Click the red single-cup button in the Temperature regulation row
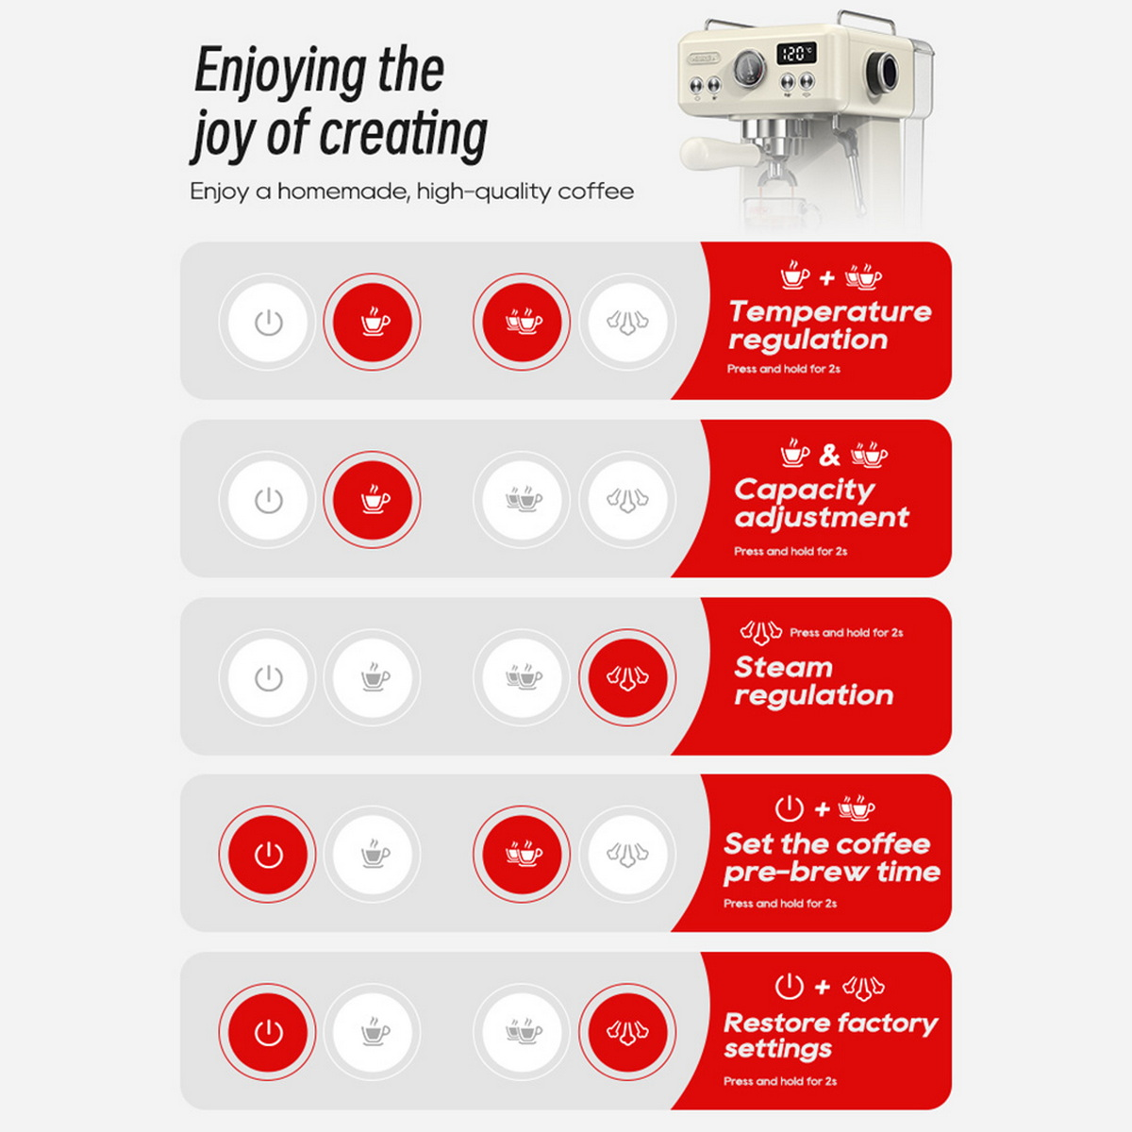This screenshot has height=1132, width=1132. pyautogui.click(x=372, y=322)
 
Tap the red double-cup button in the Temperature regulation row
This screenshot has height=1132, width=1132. pyautogui.click(x=522, y=322)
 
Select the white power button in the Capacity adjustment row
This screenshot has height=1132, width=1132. pyautogui.click(x=267, y=500)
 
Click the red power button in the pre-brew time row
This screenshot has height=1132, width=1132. pyautogui.click(x=267, y=854)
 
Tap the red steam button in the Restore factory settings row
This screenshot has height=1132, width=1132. pyautogui.click(x=627, y=1032)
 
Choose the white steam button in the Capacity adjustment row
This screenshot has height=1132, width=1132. pyautogui.click(x=627, y=500)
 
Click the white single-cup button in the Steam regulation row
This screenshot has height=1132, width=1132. pyautogui.click(x=372, y=677)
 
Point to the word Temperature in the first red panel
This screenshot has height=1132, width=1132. pyautogui.click(x=830, y=312)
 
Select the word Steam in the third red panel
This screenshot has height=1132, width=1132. pyautogui.click(x=783, y=668)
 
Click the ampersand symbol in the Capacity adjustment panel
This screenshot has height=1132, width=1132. pyautogui.click(x=829, y=456)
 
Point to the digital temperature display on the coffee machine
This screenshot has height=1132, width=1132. pyautogui.click(x=796, y=54)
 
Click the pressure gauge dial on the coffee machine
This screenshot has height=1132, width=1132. pyautogui.click(x=750, y=68)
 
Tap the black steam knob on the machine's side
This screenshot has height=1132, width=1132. pyautogui.click(x=882, y=72)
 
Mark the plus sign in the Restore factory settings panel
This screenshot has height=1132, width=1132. pyautogui.click(x=823, y=987)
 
